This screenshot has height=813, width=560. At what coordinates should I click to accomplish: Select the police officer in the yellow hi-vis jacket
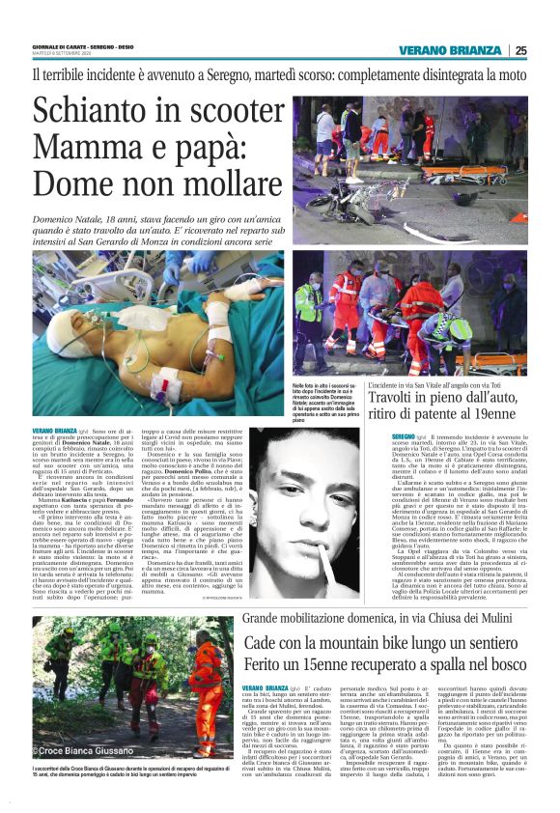[312, 298]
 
